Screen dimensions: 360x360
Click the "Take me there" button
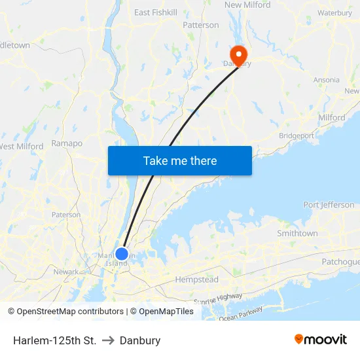coord(180,160)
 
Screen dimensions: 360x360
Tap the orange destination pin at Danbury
coord(236,54)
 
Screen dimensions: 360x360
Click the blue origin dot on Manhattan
coord(121,254)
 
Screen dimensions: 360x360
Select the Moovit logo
coord(321,339)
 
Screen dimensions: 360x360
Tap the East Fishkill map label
coord(156,12)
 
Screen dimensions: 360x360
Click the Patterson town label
coord(201,26)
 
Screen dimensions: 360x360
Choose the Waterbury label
coord(334,13)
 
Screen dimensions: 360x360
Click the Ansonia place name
coord(326,80)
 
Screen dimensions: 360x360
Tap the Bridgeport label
coord(297,136)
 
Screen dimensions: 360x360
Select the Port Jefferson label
coord(329,205)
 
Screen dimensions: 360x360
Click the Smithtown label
coord(297,234)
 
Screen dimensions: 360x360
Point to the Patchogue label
coord(340,262)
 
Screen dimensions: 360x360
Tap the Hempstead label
coord(196,279)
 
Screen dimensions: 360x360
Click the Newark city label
coord(66,272)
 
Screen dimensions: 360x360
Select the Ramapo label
coord(67,143)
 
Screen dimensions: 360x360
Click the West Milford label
coord(21,147)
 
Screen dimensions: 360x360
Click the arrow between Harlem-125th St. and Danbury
coord(108,340)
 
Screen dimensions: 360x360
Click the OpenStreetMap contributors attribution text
coord(71,312)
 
